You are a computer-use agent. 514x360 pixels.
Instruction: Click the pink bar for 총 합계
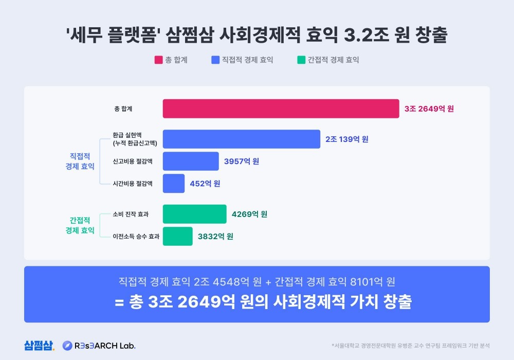click(x=281, y=109)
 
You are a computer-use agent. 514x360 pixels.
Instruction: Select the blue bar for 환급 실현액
click(x=242, y=139)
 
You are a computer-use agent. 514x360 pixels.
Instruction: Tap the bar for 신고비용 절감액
click(x=191, y=161)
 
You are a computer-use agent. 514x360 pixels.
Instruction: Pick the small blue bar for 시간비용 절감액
click(x=174, y=183)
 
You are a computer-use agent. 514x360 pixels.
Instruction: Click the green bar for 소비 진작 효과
click(x=194, y=214)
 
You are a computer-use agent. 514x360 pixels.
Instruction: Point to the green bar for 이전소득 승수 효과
click(x=178, y=236)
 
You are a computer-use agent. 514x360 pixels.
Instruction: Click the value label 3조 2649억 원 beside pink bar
click(x=429, y=109)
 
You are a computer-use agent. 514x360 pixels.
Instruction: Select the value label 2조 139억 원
click(x=346, y=139)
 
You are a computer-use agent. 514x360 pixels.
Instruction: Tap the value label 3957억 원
click(x=242, y=161)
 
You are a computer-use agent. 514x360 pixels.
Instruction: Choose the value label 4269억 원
click(x=249, y=214)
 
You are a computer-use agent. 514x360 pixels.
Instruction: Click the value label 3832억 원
click(x=215, y=236)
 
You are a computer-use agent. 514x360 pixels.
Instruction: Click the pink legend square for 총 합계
click(x=158, y=60)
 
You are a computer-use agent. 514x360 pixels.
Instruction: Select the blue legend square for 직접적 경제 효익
click(x=215, y=60)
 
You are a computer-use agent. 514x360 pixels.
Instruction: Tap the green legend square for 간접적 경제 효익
click(x=301, y=60)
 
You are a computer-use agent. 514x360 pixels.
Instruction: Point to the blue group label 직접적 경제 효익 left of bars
click(x=80, y=161)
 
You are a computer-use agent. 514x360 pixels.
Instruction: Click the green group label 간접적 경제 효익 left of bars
click(x=80, y=225)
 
